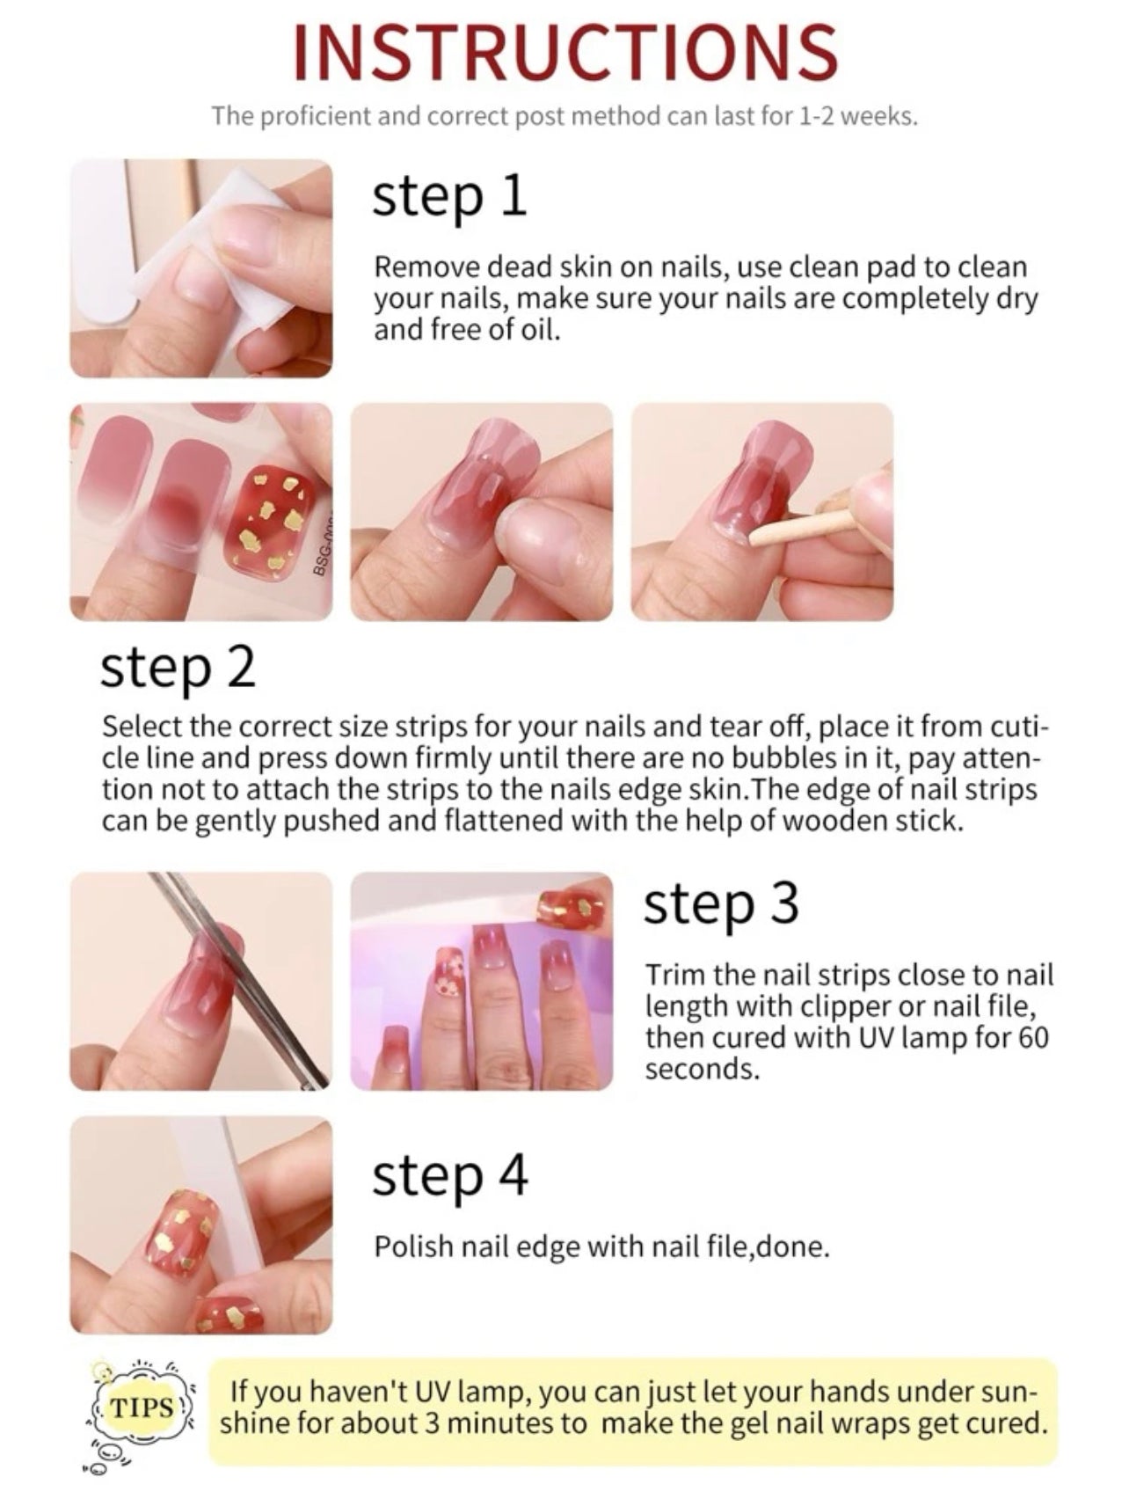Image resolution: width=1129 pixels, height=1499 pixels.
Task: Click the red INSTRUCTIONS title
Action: [x=564, y=52]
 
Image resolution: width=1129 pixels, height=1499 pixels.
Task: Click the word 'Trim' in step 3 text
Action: [x=674, y=975]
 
